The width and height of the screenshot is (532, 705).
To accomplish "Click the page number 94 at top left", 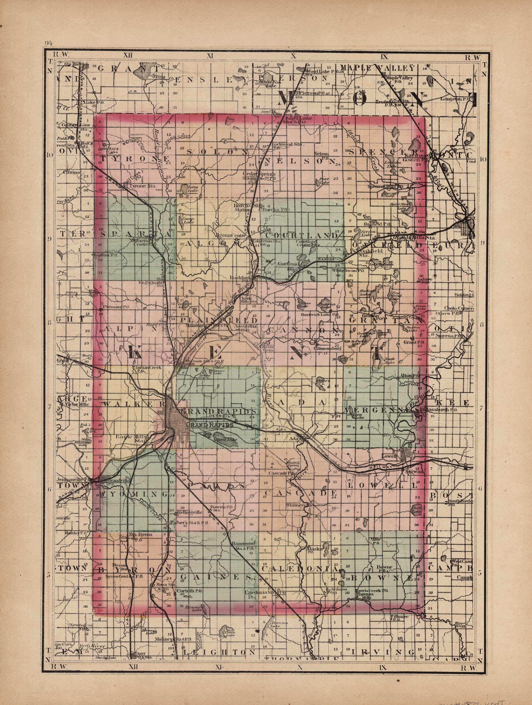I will [x=49, y=43].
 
